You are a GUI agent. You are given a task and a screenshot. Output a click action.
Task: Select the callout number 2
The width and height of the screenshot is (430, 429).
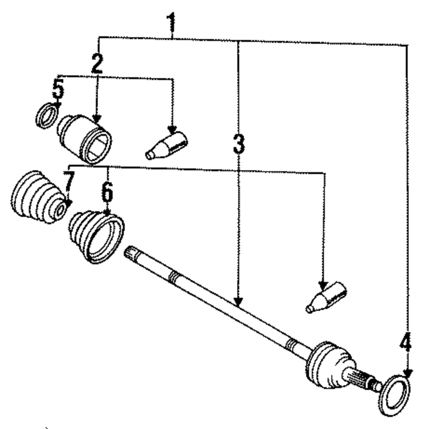click(97, 63)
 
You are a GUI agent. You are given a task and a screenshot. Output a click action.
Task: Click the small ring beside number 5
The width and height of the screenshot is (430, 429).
click(46, 116)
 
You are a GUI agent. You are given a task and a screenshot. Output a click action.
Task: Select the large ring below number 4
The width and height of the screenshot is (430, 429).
click(394, 395)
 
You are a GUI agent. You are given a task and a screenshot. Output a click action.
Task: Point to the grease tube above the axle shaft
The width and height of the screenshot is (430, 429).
click(326, 297)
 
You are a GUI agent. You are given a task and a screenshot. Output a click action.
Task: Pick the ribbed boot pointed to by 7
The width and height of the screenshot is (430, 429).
click(38, 198)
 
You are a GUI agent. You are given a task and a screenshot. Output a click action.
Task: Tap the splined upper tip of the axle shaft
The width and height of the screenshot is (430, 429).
click(131, 253)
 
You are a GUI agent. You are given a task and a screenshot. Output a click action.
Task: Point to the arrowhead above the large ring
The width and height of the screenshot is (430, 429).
click(407, 374)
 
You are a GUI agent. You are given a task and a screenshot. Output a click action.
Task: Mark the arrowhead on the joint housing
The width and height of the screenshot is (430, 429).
click(96, 119)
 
